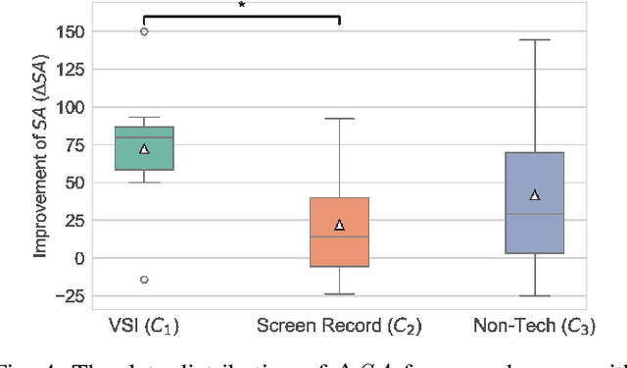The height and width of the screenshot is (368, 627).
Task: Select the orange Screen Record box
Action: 339,232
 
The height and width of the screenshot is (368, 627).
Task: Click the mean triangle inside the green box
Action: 144,149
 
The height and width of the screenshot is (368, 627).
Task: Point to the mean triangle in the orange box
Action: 339,225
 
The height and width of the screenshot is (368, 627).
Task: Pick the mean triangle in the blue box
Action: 535,194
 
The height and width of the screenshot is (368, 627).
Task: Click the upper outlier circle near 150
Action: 144,31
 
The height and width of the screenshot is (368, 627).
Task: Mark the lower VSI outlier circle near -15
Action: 144,280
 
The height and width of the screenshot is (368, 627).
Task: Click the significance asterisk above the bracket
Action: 242,6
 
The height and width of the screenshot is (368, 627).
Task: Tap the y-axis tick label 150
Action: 69,31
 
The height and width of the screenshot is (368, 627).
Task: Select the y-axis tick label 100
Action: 69,107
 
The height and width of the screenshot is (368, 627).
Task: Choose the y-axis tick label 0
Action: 77,258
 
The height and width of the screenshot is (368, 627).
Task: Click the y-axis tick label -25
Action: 69,295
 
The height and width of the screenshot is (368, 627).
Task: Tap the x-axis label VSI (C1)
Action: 144,324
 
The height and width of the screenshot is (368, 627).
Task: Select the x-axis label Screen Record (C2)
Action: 339,324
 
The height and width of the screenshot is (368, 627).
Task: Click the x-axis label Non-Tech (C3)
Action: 535,324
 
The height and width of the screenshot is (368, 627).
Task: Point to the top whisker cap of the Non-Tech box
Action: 535,40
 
